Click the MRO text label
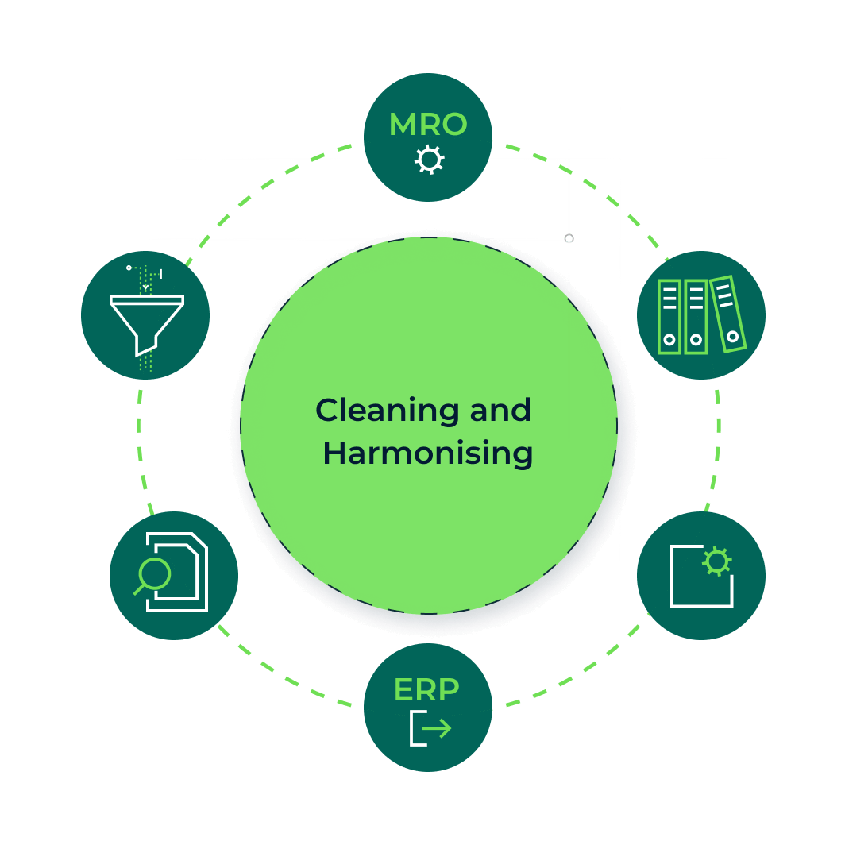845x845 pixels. (x=427, y=125)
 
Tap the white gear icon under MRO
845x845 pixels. (x=429, y=160)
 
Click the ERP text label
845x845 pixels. (x=426, y=690)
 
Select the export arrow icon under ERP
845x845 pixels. (x=430, y=728)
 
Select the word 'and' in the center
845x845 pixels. (x=500, y=411)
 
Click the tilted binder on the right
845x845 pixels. (x=728, y=314)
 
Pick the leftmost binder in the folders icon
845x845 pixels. (x=669, y=316)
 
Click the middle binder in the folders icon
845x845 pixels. (x=696, y=316)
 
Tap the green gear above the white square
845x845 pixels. (x=717, y=561)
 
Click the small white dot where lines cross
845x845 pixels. (x=569, y=238)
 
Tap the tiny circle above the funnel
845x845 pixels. (x=129, y=268)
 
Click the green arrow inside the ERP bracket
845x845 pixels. (x=438, y=728)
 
